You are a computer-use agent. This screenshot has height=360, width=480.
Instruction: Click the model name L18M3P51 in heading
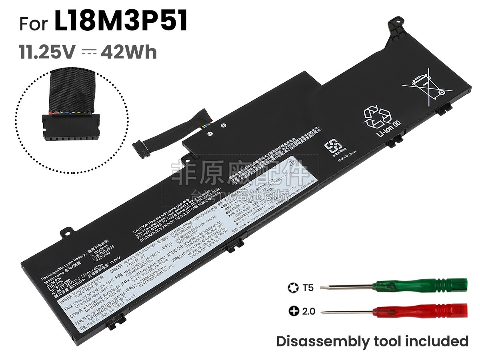pyautogui.click(x=121, y=22)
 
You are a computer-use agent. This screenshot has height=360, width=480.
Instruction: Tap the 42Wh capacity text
pyautogui.click(x=129, y=52)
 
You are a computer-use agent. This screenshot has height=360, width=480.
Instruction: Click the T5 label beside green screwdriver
pyautogui.click(x=308, y=288)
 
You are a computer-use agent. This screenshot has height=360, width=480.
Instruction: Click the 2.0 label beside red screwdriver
pyautogui.click(x=308, y=311)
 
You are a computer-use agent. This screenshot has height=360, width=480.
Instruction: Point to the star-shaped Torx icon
pyautogui.click(x=292, y=288)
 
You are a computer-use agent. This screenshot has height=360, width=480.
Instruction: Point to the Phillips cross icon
pyautogui.click(x=292, y=311)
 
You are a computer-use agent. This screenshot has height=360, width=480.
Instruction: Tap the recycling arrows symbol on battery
pyautogui.click(x=377, y=116)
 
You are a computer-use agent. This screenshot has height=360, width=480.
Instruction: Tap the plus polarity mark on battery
pyautogui.click(x=224, y=126)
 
